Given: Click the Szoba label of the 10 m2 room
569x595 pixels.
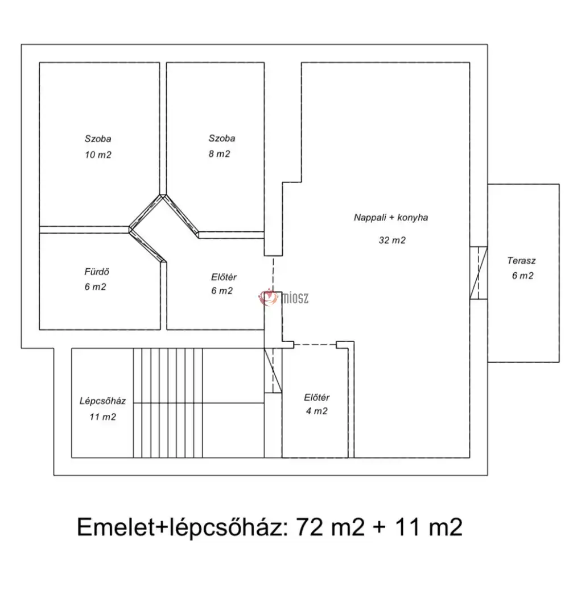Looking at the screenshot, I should point(98,138).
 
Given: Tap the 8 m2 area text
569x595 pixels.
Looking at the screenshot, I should point(219,153).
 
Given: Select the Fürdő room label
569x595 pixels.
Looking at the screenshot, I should point(94,272).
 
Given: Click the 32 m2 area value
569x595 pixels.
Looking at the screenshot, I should point(391,240).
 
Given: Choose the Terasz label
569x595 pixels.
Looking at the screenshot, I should point(521,261).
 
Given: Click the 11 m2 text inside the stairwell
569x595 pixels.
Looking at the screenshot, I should point(102,417).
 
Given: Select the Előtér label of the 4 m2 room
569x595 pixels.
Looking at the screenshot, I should point(317,397).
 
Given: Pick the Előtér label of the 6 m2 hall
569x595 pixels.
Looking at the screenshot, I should point(223,277).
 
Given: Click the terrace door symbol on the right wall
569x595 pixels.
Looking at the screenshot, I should point(479,272).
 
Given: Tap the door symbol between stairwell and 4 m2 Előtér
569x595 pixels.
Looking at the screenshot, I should point(274,370).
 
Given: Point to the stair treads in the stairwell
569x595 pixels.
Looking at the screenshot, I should point(168,402).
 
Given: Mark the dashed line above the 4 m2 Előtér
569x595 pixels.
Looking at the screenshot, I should point(315,344).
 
